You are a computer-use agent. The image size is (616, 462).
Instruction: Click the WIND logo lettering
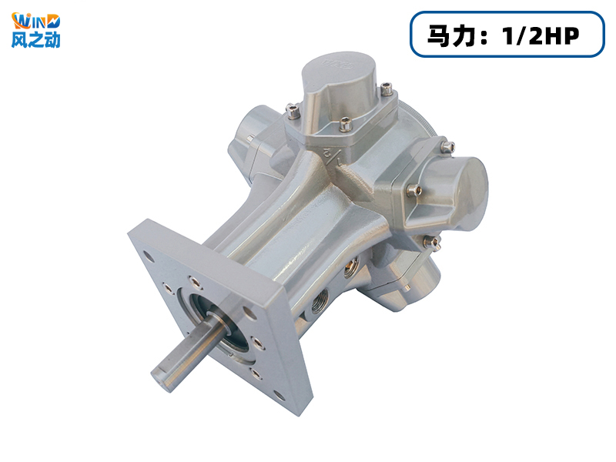tap(35, 22)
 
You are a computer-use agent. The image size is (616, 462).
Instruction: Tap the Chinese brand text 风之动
tap(35, 40)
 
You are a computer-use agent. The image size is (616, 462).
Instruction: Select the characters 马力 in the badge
tap(450, 35)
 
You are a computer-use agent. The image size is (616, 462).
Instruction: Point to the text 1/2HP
tap(541, 35)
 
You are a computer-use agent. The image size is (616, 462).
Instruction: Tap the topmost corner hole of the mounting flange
tap(149, 257)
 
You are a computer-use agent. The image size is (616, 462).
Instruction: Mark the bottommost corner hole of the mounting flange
tap(280, 396)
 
